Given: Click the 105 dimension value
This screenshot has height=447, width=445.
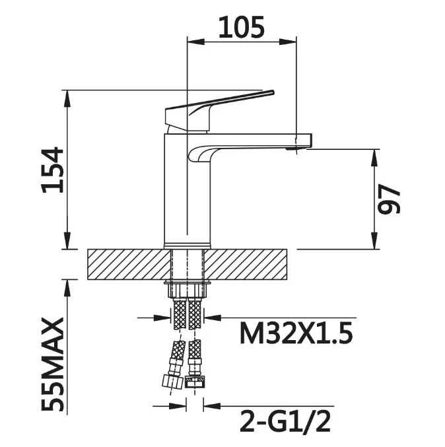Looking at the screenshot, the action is tap(241, 27).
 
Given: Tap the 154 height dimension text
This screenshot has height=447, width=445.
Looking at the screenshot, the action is tap(52, 170).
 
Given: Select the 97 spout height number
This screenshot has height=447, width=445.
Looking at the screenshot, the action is tap(389, 199).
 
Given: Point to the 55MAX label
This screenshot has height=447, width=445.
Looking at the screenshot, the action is tap(52, 364).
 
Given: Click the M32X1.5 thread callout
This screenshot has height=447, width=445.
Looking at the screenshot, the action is tap(296, 333).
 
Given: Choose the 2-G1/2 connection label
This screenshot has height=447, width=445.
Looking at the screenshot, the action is tap(285, 421).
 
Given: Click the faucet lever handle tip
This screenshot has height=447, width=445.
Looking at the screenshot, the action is tap(272, 92).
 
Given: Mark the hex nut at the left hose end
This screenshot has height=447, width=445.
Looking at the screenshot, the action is tap(172, 381).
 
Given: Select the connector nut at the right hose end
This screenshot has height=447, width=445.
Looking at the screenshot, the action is tap(195, 382).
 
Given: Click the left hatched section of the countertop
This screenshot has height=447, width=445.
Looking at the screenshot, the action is tap(129, 264).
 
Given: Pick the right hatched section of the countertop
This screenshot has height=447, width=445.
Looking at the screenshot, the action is tap(245, 264).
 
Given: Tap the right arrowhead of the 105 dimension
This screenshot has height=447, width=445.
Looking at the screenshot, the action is tap(288, 42).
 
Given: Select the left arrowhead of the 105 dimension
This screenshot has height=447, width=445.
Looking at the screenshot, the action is tap(196, 42).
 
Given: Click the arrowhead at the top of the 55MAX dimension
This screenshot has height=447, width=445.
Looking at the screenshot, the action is tap(67, 289).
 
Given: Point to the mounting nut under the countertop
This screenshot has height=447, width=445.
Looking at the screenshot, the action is tap(188, 289).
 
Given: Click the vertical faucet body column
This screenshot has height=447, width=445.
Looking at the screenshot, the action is tap(188, 190).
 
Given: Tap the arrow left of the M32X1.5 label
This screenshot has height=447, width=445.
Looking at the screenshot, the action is tap(163, 318).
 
